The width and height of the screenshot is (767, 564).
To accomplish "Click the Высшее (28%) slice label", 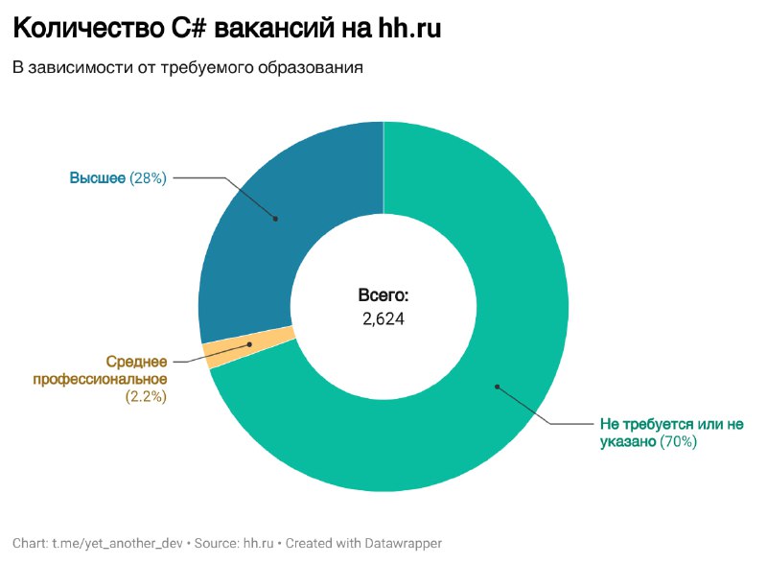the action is pos(118,177).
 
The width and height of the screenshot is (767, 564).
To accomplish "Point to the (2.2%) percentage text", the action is pos(146,396).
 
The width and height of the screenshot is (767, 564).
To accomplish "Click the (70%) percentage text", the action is pos(678,441).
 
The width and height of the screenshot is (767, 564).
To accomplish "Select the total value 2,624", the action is pos(383,319).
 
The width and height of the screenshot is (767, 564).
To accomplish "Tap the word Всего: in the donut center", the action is pos(383,295).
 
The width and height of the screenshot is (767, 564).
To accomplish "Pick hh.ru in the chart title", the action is pos(409,28).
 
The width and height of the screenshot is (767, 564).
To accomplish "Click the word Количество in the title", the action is pos(88,28).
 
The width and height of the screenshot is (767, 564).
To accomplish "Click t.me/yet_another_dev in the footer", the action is pos(117,544).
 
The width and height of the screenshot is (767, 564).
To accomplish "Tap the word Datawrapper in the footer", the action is pos(403,544).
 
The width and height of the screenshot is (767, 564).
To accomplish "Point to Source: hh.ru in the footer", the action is pos(234,544).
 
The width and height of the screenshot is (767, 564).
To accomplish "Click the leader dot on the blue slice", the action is pos(275,219).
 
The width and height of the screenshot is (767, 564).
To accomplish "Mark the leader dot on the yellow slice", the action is pos(249,344).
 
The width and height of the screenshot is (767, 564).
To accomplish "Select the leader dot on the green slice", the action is pos(497,387).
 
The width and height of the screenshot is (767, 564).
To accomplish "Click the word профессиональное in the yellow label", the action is pos(101,379).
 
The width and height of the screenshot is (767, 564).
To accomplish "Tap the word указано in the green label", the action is pos(628,441).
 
